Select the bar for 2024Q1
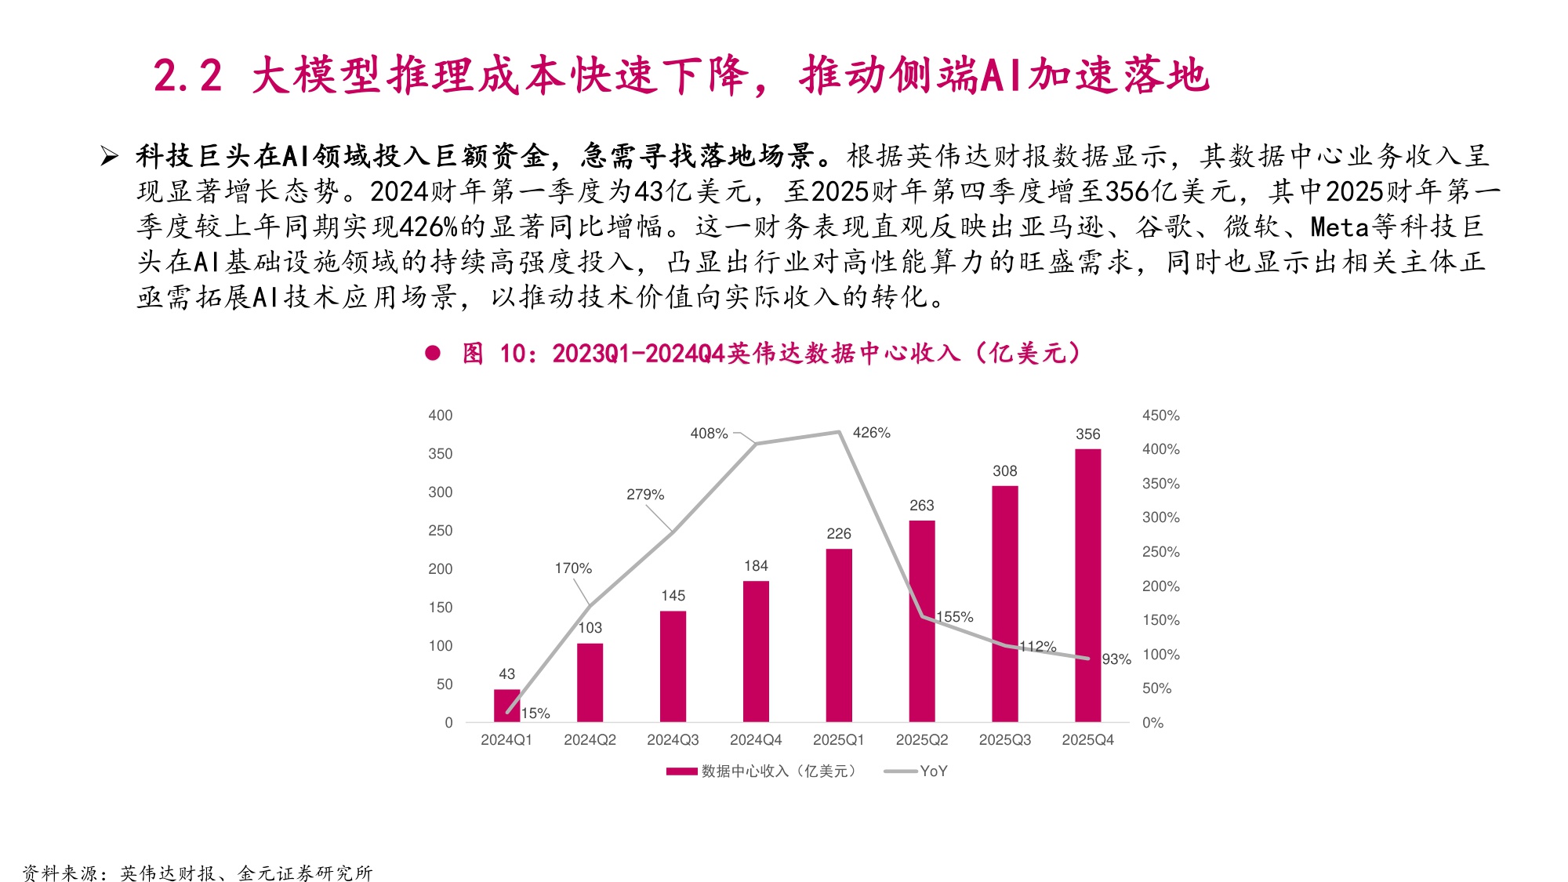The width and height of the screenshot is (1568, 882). (506, 705)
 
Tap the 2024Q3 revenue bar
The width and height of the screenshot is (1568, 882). (673, 666)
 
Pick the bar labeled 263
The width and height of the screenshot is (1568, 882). (922, 620)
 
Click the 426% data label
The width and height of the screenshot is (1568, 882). (871, 433)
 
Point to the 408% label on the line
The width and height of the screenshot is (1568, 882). (709, 434)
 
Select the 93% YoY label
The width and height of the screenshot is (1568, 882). (1116, 659)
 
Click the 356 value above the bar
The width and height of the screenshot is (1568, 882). (1087, 434)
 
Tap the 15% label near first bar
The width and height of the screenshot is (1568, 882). (535, 713)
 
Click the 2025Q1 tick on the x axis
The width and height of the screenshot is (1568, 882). (838, 740)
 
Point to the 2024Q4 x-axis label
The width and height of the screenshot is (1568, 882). (756, 740)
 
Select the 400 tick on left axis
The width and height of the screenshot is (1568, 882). (440, 416)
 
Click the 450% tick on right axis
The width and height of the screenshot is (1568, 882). (1160, 416)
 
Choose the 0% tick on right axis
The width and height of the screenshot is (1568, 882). (1152, 723)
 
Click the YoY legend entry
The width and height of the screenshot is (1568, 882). (933, 771)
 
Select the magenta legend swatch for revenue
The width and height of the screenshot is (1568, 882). (681, 771)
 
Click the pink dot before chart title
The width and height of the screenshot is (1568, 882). (433, 354)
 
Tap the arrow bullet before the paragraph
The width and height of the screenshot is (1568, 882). (109, 157)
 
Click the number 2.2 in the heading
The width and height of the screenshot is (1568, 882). (187, 77)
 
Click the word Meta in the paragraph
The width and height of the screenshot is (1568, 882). (1339, 227)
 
